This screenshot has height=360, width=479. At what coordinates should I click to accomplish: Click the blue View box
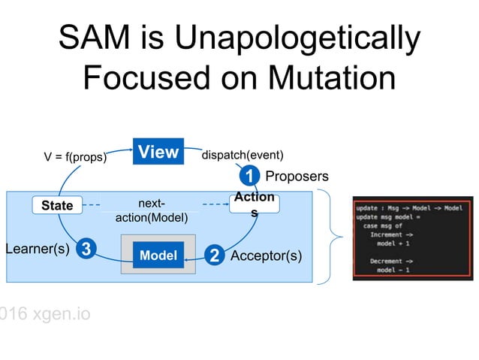coord(158,153)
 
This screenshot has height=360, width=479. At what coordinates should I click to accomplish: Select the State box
coord(57,205)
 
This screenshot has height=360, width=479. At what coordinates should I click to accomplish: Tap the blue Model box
coord(158,256)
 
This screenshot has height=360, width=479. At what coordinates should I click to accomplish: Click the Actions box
coord(254,205)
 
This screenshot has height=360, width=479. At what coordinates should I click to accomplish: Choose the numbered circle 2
coord(215,256)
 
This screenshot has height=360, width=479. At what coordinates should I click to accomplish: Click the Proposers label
coord(297,177)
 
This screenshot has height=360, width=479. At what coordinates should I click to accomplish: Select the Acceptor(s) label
coord(267,256)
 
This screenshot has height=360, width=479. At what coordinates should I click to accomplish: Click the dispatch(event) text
coord(243,156)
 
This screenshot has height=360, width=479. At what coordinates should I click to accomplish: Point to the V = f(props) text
coord(75,158)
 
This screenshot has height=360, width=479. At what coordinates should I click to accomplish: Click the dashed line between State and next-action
coord(91,205)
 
